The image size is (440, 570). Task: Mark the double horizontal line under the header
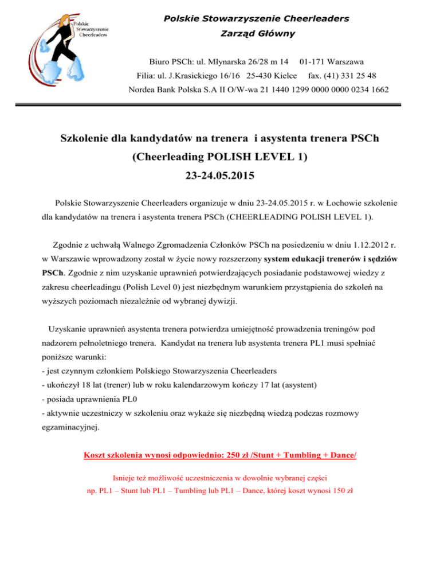coord(220,105)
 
